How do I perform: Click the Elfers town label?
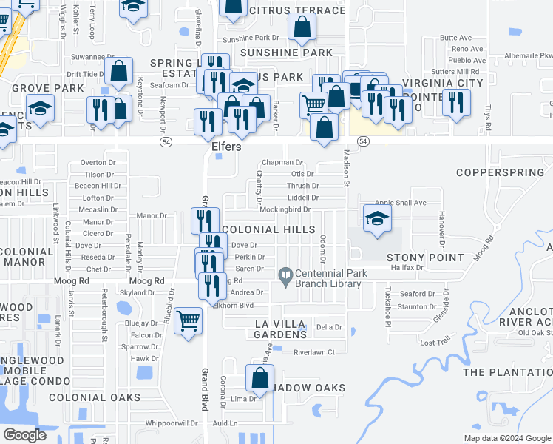(225, 147)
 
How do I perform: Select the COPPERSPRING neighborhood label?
(505, 172)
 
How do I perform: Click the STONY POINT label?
(414, 257)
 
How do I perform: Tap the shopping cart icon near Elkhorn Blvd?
(189, 320)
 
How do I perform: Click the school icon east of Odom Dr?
(377, 218)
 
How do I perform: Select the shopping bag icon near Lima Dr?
(260, 378)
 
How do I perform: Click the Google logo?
(24, 435)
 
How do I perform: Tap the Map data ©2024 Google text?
(507, 438)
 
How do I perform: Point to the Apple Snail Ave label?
(401, 203)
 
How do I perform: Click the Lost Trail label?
(435, 343)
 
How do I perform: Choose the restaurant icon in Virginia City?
(456, 101)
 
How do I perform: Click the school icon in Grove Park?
(41, 108)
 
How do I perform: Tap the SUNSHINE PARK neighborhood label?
(286, 53)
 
